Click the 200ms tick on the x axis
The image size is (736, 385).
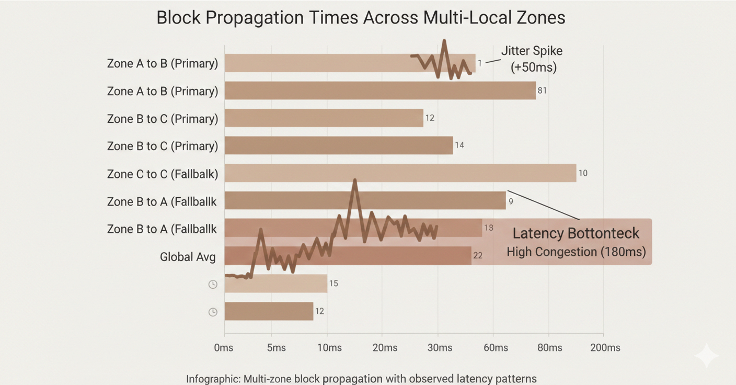pyautogui.click(x=605, y=348)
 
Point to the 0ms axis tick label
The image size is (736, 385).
pyautogui.click(x=224, y=348)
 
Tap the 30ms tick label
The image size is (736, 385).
pyautogui.click(x=440, y=348)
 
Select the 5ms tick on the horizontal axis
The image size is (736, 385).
pyautogui.click(x=276, y=348)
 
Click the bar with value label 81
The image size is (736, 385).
pyautogui.click(x=380, y=90)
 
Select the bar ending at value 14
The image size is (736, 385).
pyautogui.click(x=339, y=145)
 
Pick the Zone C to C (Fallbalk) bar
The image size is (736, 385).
pyautogui.click(x=400, y=173)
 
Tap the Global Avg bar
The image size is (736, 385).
pyautogui.click(x=348, y=256)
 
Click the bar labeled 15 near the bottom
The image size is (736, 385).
pyautogui.click(x=276, y=284)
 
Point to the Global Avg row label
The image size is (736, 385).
pyautogui.click(x=188, y=257)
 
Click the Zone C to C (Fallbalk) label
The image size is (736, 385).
pyautogui.click(x=162, y=174)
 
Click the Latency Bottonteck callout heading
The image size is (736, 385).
pyautogui.click(x=576, y=233)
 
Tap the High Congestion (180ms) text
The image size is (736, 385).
pyautogui.click(x=576, y=252)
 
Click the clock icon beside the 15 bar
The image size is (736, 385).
pyautogui.click(x=213, y=285)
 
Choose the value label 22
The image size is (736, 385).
pyautogui.click(x=477, y=256)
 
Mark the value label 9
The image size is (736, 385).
pyautogui.click(x=511, y=201)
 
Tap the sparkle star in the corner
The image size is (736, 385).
pyautogui.click(x=707, y=356)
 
